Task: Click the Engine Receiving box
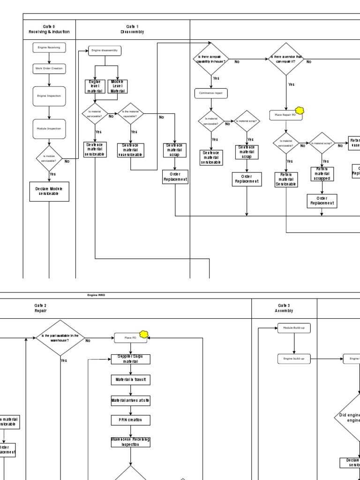point(49,47)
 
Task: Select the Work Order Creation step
point(49,68)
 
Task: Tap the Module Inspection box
point(49,128)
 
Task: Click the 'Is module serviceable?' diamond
point(49,158)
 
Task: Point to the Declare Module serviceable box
point(49,191)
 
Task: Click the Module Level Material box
point(117,86)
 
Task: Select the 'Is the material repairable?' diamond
point(131,113)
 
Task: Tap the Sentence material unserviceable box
point(131,150)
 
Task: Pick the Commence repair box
point(211,93)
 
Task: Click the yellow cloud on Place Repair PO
point(300,111)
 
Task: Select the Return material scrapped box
point(322,173)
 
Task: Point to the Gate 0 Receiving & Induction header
point(49,29)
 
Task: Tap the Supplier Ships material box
point(130,359)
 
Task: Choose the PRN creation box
point(130,420)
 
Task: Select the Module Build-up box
point(293,328)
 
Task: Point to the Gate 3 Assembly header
point(284,307)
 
